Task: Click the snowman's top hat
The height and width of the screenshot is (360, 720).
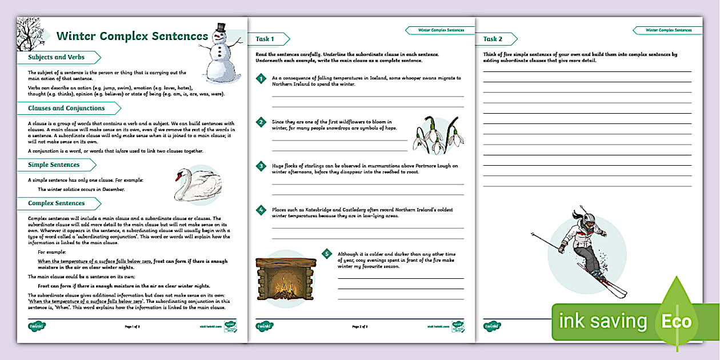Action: coord(220,28)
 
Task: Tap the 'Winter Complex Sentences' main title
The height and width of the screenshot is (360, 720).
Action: coord(132,36)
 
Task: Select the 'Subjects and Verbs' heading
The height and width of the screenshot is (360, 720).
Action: coord(57,57)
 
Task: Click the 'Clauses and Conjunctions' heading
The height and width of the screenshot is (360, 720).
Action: coord(66,108)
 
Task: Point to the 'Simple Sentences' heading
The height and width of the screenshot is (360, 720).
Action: coord(54,165)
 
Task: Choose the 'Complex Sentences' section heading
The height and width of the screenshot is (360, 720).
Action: coord(57,203)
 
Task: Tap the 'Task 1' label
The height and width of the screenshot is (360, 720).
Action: coord(265,39)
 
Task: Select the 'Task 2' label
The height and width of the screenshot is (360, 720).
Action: coord(493,39)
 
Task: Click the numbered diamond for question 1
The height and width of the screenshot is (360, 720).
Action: coord(261,79)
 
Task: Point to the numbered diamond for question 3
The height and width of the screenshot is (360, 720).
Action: coord(261,166)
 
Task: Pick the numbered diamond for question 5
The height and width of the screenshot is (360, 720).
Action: coord(327,254)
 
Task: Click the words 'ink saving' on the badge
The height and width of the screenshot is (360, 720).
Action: coord(603,321)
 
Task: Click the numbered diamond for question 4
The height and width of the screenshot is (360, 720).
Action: coord(261,210)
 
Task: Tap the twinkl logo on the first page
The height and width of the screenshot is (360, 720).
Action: coord(37,326)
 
